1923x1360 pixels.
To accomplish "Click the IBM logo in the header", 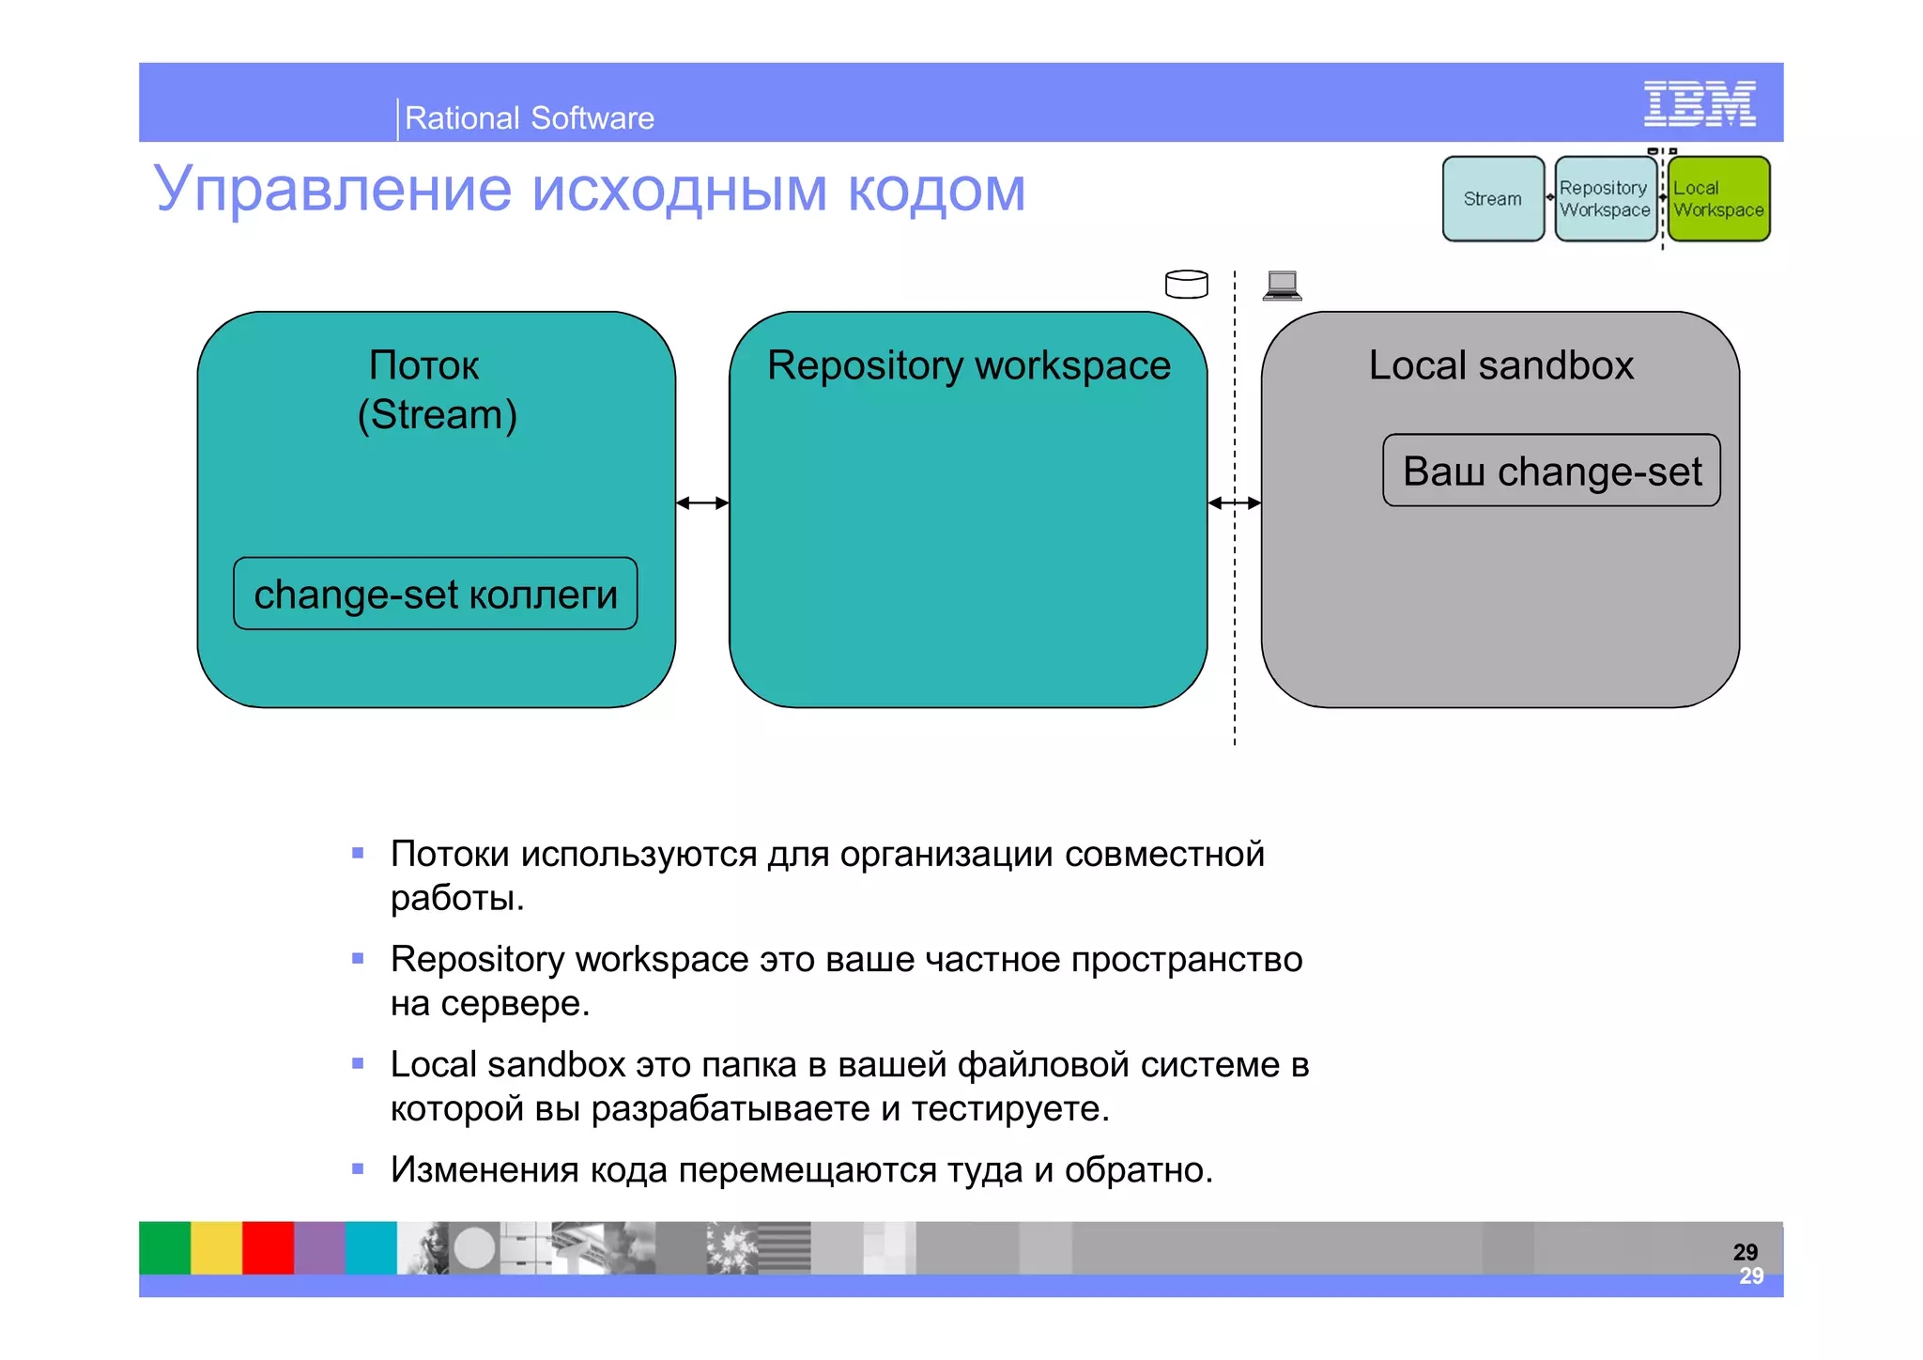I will [x=1699, y=103].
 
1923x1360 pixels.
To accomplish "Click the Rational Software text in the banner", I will [x=529, y=118].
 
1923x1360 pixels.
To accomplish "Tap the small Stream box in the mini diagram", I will [x=1493, y=199].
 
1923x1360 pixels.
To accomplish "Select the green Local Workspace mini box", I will [x=1718, y=199].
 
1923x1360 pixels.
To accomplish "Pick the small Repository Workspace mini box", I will [x=1605, y=199].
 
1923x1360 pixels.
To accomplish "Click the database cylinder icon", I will [x=1186, y=284].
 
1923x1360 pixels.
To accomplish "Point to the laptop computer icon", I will [x=1282, y=285].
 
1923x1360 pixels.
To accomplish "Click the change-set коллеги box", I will [x=435, y=594].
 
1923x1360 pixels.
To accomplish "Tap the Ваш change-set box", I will [x=1551, y=471].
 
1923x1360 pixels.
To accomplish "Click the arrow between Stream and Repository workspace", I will [x=702, y=503].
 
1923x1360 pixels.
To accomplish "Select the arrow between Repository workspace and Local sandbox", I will [x=1234, y=503].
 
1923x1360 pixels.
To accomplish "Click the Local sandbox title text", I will [x=1500, y=365].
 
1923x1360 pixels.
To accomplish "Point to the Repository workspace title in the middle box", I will [x=968, y=365].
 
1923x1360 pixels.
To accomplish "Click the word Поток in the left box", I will [x=423, y=365].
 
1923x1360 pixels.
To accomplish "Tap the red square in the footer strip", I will [x=268, y=1247].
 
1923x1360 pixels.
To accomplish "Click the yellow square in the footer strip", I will [x=216, y=1247].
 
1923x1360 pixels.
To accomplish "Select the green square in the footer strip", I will [x=164, y=1247].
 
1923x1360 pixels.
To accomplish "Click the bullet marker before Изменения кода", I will [x=358, y=1169].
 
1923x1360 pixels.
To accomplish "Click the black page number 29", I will [x=1745, y=1251].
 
